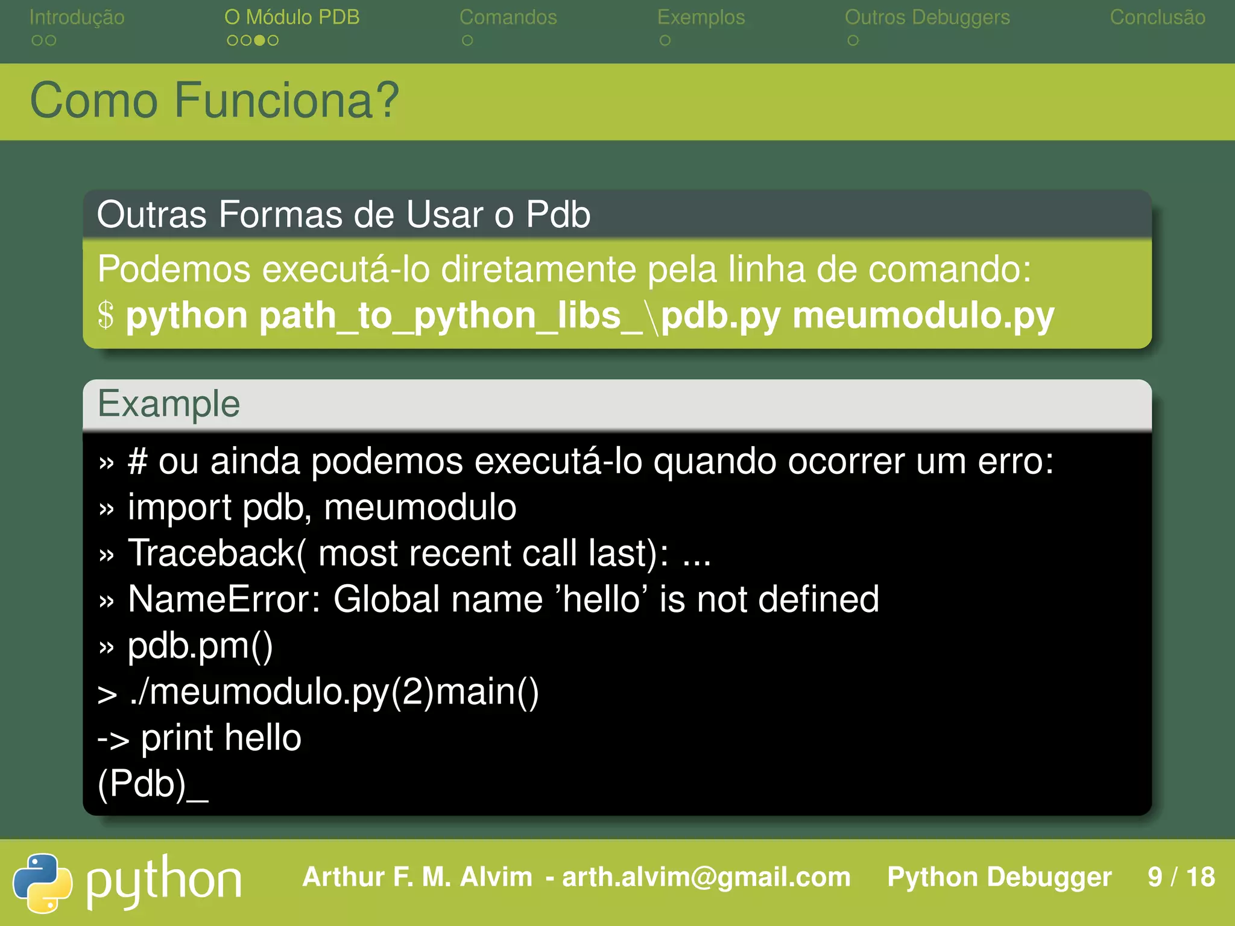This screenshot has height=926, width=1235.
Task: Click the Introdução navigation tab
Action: click(77, 17)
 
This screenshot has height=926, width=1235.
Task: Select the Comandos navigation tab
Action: click(508, 17)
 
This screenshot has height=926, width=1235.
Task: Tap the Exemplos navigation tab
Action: click(701, 17)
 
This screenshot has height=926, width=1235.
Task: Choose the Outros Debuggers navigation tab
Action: click(927, 17)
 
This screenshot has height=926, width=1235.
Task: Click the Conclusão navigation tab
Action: click(1157, 17)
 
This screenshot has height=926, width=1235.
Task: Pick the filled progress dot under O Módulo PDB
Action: click(259, 40)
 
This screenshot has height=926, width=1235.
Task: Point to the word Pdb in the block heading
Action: click(558, 214)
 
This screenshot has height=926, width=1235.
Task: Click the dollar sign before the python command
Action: click(106, 315)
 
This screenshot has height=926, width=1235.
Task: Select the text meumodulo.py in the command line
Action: click(923, 315)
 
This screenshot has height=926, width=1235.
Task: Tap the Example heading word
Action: click(169, 403)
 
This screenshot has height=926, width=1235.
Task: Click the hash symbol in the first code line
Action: click(137, 462)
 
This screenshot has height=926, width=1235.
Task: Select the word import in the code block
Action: click(179, 508)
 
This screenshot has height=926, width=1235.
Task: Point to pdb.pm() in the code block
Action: click(200, 646)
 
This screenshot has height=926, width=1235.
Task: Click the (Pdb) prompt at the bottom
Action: click(142, 784)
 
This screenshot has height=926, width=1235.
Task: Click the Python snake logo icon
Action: click(42, 883)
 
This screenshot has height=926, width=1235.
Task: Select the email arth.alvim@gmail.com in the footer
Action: click(706, 877)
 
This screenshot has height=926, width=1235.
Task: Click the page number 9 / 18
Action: click(1181, 877)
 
